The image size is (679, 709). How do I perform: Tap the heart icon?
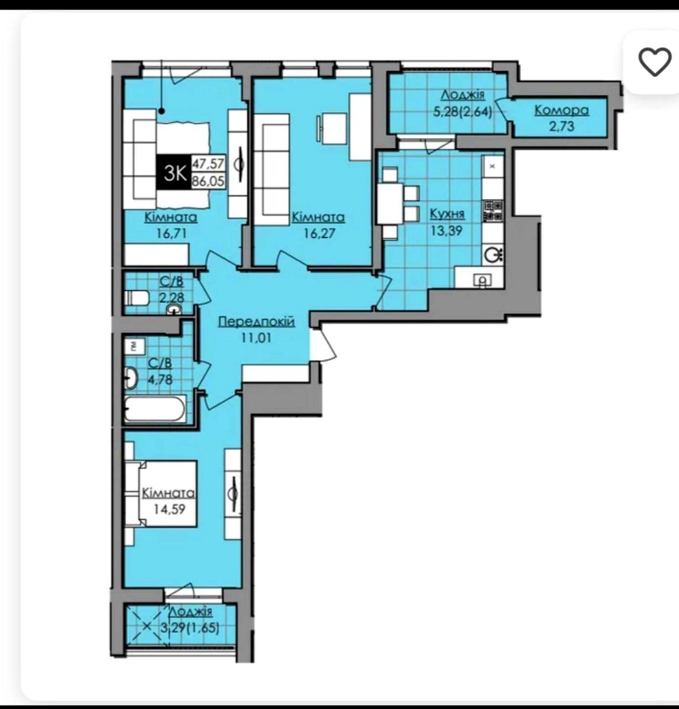(655, 62)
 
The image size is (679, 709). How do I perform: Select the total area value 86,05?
(208, 181)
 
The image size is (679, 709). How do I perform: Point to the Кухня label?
(447, 214)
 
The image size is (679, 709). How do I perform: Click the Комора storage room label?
(561, 110)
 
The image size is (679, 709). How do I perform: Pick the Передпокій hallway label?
(256, 322)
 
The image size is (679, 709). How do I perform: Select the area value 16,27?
(319, 233)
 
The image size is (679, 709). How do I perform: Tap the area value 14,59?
(169, 509)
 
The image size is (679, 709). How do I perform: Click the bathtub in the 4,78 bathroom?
(155, 409)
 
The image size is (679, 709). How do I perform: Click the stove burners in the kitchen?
(493, 211)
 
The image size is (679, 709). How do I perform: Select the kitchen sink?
(493, 254)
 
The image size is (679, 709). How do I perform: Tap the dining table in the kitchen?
(390, 203)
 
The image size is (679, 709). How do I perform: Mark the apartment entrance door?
(323, 344)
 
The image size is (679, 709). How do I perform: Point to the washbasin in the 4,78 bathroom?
(131, 378)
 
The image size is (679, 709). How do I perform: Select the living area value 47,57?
(208, 164)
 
